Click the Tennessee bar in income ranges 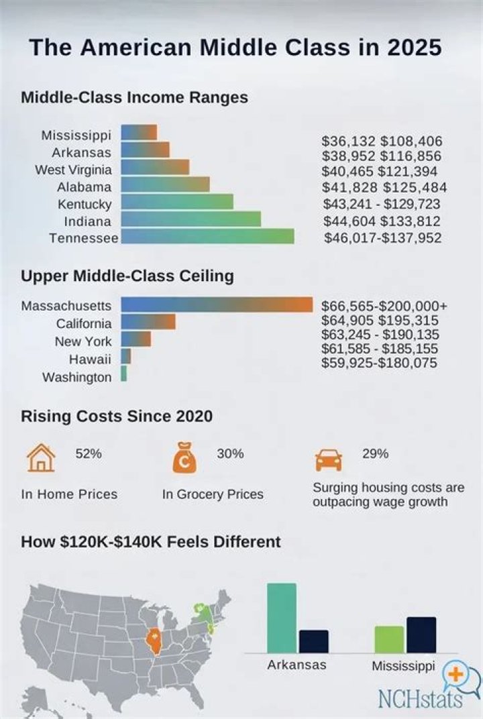tap(207, 236)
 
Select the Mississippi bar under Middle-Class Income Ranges tap(139, 132)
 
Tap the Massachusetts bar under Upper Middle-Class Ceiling tap(217, 305)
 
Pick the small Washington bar tap(123, 374)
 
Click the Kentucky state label tap(85, 204)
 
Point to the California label tap(84, 324)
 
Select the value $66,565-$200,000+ tap(384, 306)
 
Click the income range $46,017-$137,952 tap(383, 237)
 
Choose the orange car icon tap(328, 461)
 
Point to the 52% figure tap(88, 454)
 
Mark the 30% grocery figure tap(230, 454)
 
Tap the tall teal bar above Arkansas tap(281, 617)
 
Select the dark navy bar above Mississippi tap(421, 634)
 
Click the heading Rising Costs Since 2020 tap(117, 417)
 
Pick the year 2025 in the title tap(409, 48)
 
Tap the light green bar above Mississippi tap(389, 639)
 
